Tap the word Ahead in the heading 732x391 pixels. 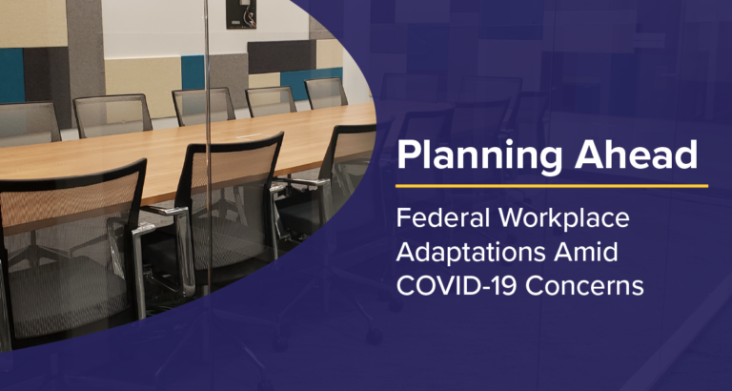click(x=637, y=154)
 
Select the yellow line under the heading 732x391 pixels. click(x=551, y=186)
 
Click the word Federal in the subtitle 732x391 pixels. click(x=437, y=218)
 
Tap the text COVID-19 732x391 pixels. click(x=457, y=286)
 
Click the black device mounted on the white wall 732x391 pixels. click(x=241, y=14)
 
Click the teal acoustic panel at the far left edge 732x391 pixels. click(x=11, y=75)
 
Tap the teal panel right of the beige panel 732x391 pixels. click(x=193, y=72)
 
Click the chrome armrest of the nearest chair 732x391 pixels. click(x=141, y=261)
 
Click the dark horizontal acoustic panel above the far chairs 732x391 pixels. click(x=281, y=56)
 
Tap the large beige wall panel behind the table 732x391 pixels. click(x=142, y=88)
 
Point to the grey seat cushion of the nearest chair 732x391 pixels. click(x=66, y=295)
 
